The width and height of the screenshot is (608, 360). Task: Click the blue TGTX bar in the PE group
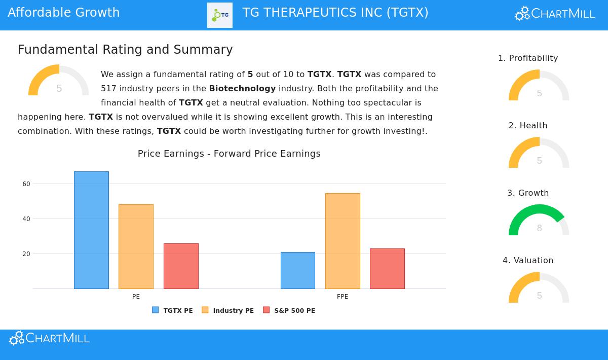click(91, 230)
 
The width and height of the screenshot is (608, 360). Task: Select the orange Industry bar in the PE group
click(136, 246)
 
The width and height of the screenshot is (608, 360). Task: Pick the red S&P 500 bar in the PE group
click(181, 266)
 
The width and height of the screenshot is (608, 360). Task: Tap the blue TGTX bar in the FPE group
click(298, 270)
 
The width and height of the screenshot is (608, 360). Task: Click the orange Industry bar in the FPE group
click(343, 241)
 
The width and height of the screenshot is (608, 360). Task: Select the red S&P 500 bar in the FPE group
click(387, 269)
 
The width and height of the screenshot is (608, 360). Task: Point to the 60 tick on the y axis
click(26, 184)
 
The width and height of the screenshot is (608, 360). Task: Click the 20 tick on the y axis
click(26, 254)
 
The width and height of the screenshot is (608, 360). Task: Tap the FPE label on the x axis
click(343, 297)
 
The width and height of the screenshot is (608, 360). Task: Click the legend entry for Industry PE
click(228, 310)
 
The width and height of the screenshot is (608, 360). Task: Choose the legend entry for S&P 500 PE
click(289, 310)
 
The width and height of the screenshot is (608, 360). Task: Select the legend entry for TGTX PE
click(173, 310)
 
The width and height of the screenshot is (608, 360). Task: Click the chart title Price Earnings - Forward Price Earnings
click(229, 154)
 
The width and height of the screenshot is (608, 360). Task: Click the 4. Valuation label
click(528, 261)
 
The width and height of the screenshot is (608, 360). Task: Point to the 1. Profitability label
click(528, 58)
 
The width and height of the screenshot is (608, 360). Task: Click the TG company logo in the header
click(220, 15)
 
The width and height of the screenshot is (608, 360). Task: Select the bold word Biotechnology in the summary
click(242, 89)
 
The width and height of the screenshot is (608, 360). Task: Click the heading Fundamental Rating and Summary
click(125, 50)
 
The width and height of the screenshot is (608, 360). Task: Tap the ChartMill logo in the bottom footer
click(49, 338)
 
